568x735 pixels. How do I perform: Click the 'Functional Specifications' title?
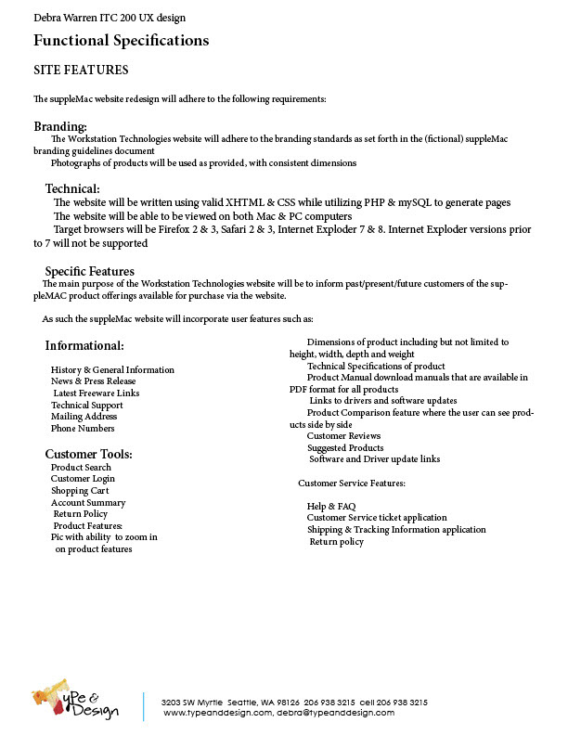click(x=121, y=40)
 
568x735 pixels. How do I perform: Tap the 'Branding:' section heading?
click(x=60, y=126)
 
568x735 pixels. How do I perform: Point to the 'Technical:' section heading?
click(x=72, y=189)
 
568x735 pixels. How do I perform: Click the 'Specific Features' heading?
click(x=90, y=271)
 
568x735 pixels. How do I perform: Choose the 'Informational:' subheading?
click(x=84, y=346)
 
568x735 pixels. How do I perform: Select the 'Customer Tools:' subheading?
click(x=89, y=454)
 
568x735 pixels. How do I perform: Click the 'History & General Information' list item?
click(x=112, y=369)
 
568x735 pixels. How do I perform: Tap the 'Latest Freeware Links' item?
click(x=97, y=393)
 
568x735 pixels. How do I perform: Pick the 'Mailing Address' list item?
click(x=84, y=417)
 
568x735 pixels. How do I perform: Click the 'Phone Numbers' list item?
click(x=83, y=429)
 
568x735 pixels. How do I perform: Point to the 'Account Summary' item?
click(x=88, y=503)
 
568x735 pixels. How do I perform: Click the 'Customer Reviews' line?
click(x=343, y=436)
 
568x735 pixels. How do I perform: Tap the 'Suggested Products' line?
click(x=344, y=448)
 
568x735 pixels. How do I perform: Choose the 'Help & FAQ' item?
click(x=331, y=507)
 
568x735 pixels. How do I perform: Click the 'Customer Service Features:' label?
click(x=352, y=484)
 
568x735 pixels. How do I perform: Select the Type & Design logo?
click(x=75, y=703)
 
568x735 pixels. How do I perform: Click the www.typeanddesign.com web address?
click(x=218, y=713)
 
